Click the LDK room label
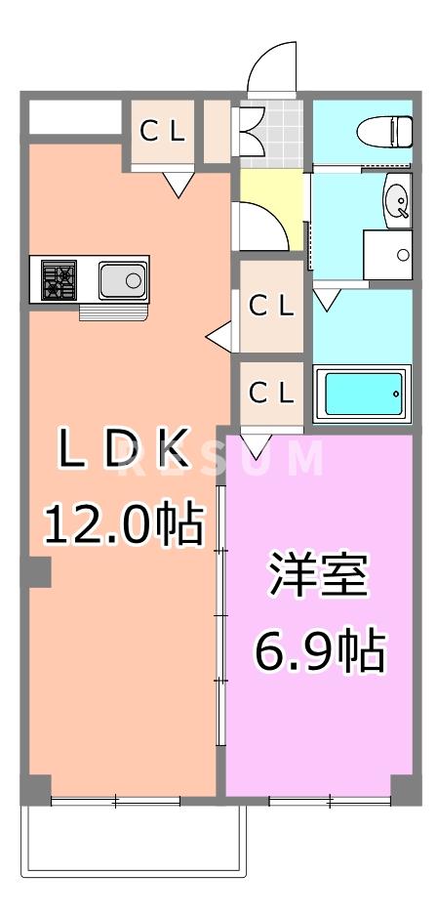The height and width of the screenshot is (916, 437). [x=122, y=449]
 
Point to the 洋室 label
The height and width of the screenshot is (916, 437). [x=319, y=577]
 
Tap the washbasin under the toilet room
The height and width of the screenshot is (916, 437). [x=399, y=201]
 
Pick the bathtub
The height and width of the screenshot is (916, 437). [x=362, y=393]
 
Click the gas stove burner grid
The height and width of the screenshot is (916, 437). [x=58, y=281]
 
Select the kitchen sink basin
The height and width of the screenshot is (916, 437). [x=123, y=282]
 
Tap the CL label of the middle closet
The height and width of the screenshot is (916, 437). [x=271, y=307]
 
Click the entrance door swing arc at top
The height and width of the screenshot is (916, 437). [x=272, y=68]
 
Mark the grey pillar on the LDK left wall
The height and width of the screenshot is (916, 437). [x=37, y=571]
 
